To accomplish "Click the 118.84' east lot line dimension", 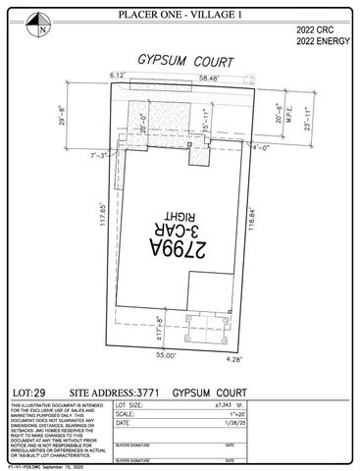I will tap(259, 217).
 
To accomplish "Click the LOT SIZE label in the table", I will tap(131, 404).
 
